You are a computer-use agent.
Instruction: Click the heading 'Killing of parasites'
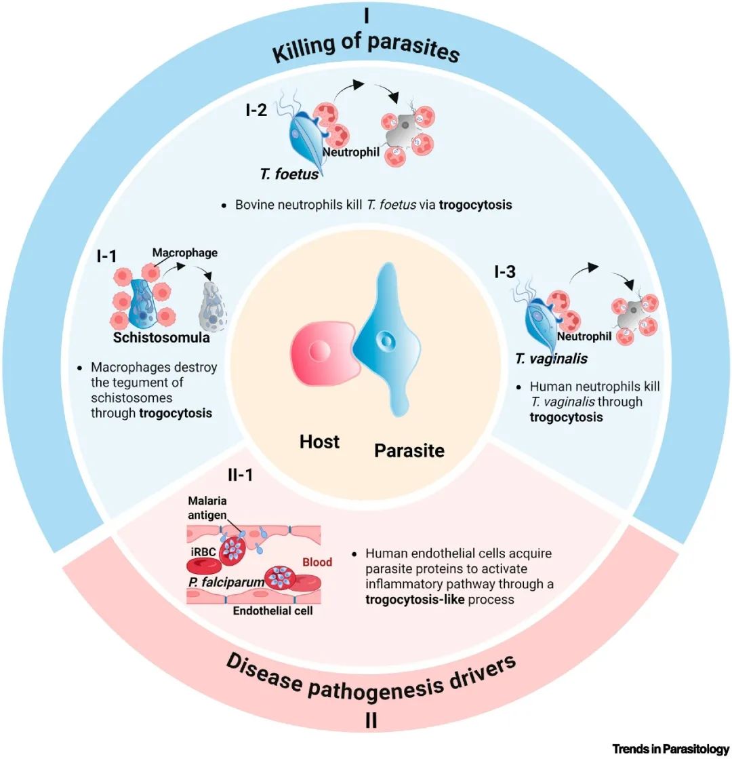[x=366, y=52]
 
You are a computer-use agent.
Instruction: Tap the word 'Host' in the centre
[x=319, y=442]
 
